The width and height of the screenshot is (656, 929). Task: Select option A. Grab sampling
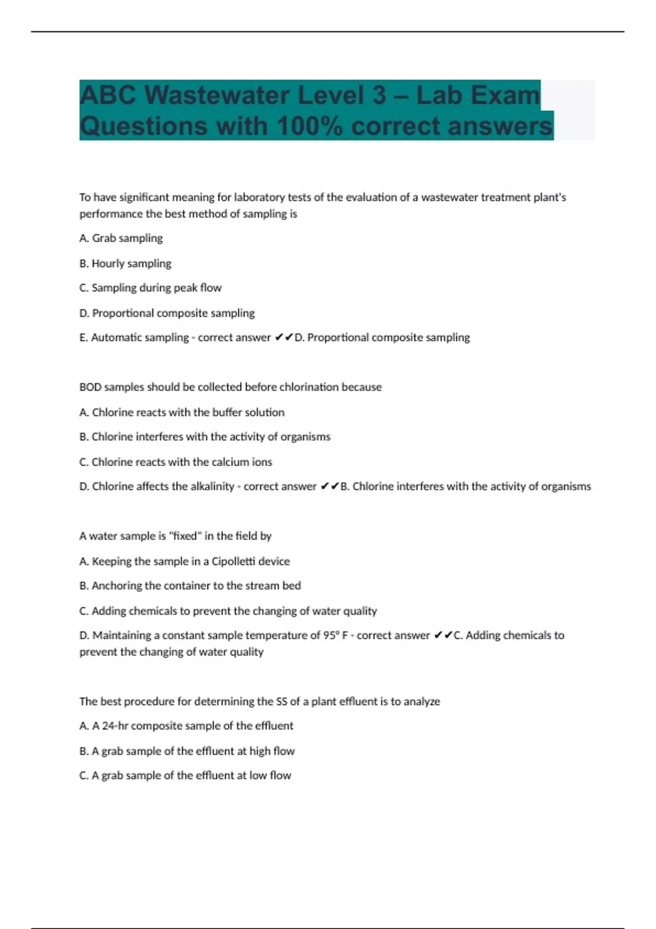pyautogui.click(x=121, y=238)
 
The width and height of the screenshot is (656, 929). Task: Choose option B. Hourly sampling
pyautogui.click(x=125, y=263)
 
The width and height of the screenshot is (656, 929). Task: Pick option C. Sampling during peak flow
pyautogui.click(x=150, y=288)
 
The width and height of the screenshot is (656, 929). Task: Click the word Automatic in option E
pyautogui.click(x=113, y=338)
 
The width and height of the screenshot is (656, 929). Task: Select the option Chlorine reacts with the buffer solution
pyautogui.click(x=182, y=413)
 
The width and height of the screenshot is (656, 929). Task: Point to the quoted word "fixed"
pyautogui.click(x=185, y=536)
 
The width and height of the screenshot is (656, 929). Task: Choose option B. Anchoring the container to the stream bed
pyautogui.click(x=190, y=586)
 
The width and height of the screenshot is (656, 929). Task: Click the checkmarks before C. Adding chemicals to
pyautogui.click(x=443, y=636)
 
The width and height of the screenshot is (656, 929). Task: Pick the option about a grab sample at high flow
pyautogui.click(x=187, y=751)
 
